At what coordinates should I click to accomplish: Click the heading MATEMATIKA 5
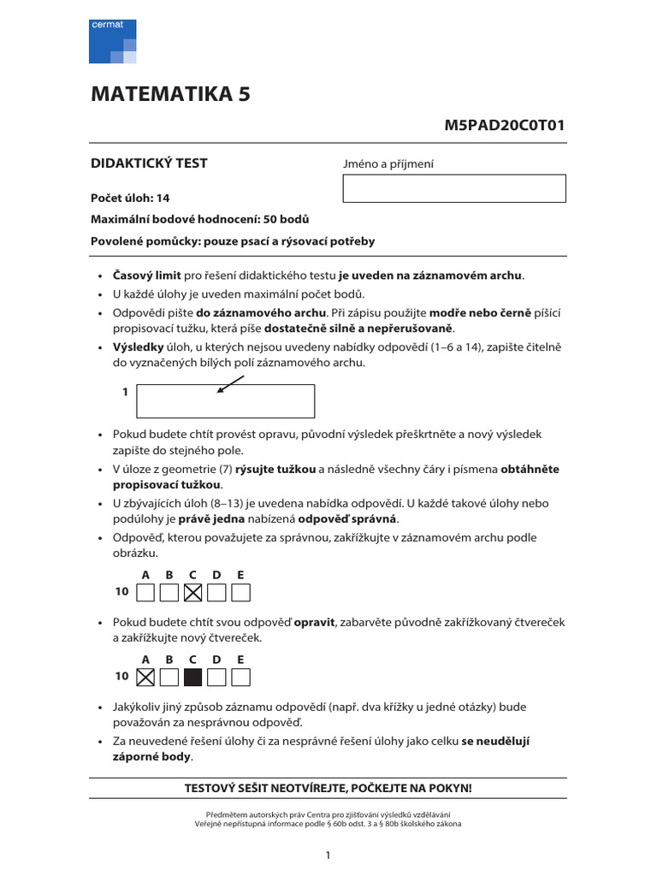pos(171,95)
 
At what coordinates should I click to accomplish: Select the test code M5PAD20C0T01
pos(505,126)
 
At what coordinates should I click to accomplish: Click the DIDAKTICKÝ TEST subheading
pos(149,163)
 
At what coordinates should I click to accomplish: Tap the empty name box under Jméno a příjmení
pos(453,188)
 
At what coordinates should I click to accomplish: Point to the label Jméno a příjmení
pos(388,164)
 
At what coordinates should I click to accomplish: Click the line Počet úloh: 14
pos(130,198)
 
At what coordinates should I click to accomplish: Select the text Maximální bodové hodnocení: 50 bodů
pos(199,219)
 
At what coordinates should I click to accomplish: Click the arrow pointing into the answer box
pos(230,384)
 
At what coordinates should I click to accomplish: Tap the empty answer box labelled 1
pos(225,401)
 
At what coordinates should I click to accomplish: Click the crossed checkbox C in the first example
pos(193,592)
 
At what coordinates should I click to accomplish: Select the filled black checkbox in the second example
pos(193,678)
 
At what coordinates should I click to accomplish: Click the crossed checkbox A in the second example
pos(145,678)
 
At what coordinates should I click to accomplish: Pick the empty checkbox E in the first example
pos(241,592)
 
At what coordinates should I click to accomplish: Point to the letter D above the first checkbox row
pos(216,575)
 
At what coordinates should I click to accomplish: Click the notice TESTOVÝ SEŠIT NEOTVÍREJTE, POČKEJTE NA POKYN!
pos(328,787)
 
